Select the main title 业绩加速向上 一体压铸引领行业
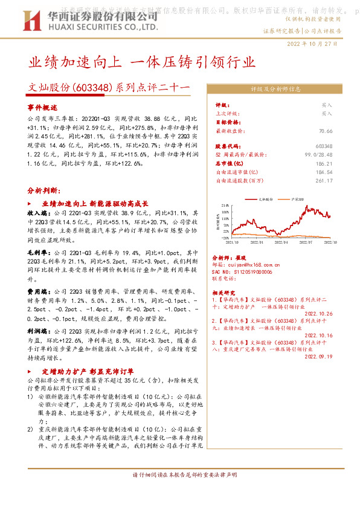coord(142,62)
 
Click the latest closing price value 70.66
coord(326,131)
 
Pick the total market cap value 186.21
coord(324,164)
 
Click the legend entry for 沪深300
coord(297,199)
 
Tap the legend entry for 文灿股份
coord(265,199)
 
